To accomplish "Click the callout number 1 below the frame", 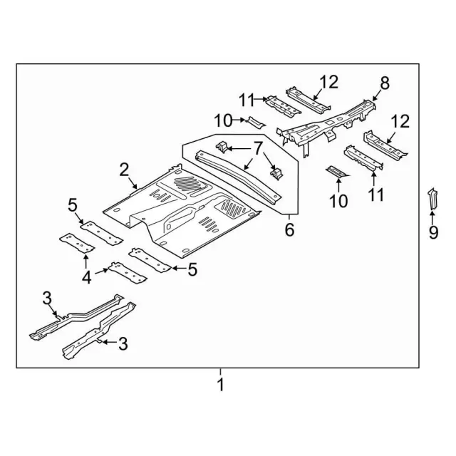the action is point(221,385).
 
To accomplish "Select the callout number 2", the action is point(124,170).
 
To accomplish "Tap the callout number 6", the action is point(289,229).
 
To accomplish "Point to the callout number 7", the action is point(258,148).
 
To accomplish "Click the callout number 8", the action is point(385,83).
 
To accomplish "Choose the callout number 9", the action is point(433,233).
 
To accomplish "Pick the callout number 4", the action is point(87,277).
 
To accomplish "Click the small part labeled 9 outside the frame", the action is point(432,198).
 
